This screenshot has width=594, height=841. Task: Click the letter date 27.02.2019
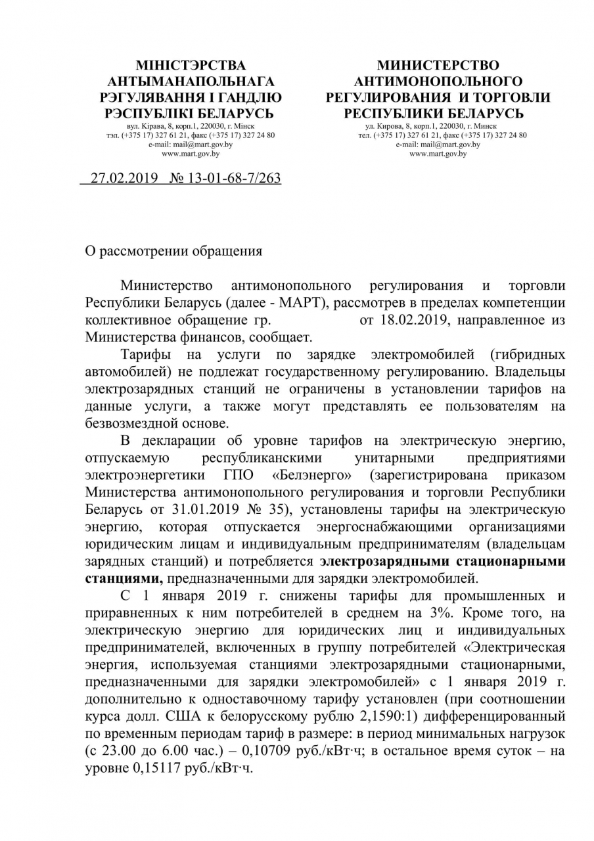(124, 178)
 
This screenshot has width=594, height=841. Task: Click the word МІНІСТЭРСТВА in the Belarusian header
(191, 66)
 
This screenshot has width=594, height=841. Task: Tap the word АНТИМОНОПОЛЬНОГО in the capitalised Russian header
(438, 81)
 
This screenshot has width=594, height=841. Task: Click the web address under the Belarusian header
(191, 154)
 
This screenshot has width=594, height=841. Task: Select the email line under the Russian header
(438, 145)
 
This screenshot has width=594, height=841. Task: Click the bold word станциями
(123, 578)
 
